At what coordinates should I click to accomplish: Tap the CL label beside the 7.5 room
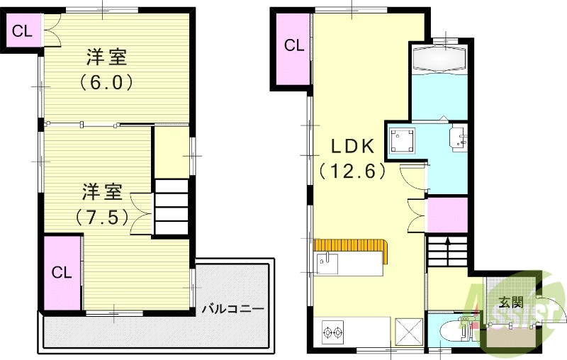(62, 272)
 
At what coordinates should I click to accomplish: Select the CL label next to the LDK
(294, 46)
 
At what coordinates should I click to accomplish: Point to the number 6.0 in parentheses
(106, 82)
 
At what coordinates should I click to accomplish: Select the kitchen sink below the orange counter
(327, 264)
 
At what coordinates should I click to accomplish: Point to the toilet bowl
(451, 331)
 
